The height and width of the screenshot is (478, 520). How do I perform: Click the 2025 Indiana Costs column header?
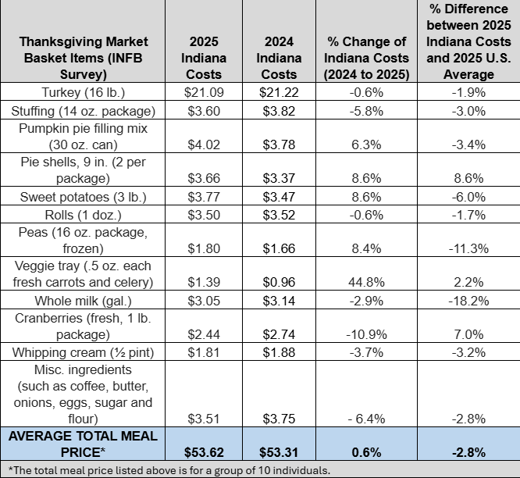pyautogui.click(x=205, y=58)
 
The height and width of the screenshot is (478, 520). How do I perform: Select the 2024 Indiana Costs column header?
pyautogui.click(x=280, y=58)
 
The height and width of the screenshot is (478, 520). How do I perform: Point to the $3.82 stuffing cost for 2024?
pyautogui.click(x=280, y=110)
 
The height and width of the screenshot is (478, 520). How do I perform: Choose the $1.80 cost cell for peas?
pyautogui.click(x=205, y=248)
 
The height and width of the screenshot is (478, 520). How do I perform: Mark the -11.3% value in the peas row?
pyautogui.click(x=472, y=248)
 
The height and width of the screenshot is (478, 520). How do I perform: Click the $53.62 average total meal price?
pyautogui.click(x=205, y=451)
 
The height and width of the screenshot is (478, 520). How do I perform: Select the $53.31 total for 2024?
pyautogui.click(x=280, y=451)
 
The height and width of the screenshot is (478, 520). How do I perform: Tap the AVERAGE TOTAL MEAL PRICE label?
pyautogui.click(x=83, y=444)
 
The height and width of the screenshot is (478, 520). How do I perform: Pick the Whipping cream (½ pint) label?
pyautogui.click(x=83, y=351)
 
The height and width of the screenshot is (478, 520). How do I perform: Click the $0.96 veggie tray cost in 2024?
pyautogui.click(x=280, y=281)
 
